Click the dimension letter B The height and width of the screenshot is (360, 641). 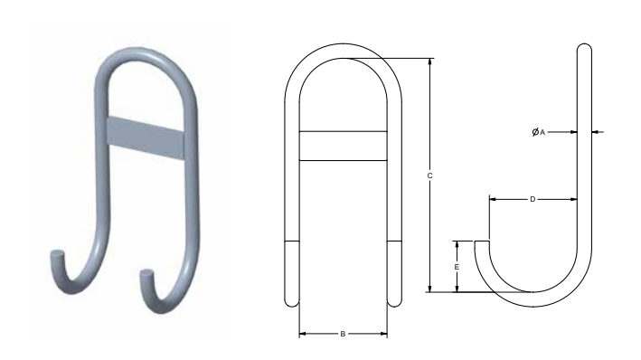coord(343,334)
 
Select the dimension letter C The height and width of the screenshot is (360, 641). coord(429,175)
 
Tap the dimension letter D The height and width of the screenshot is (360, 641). coord(533,199)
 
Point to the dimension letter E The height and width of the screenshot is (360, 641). coord(457,267)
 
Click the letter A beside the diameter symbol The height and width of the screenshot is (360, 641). coord(542,132)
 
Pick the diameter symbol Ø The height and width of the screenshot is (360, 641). coord(535,132)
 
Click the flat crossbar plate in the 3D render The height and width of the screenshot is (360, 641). coord(146,138)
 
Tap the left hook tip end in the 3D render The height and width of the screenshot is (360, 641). coord(57,253)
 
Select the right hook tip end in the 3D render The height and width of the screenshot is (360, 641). coord(146,273)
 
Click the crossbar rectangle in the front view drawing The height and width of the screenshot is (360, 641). coord(343,146)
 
